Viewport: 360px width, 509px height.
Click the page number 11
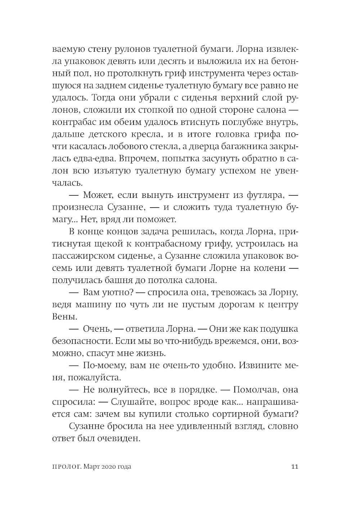[294, 467]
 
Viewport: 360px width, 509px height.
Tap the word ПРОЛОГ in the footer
[63, 467]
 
